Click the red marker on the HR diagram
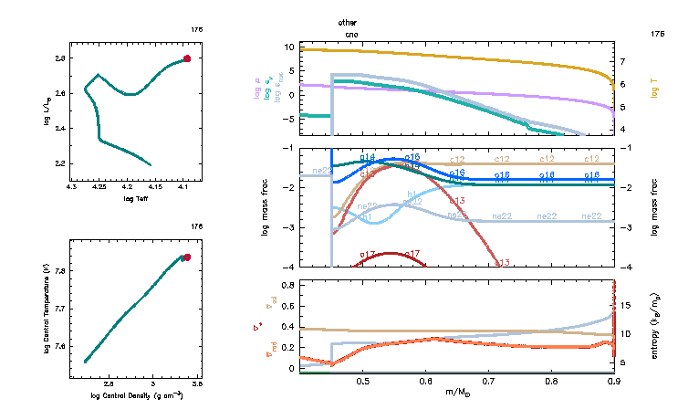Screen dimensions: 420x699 tap(186, 58)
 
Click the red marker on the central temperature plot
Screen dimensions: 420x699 tap(186, 257)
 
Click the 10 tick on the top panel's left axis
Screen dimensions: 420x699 tap(288, 47)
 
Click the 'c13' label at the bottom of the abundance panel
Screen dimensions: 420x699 tap(501, 263)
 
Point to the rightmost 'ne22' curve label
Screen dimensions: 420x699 tap(591, 216)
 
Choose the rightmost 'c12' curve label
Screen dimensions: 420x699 tap(591, 160)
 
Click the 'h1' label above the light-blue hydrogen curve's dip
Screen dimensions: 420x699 tap(412, 194)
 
